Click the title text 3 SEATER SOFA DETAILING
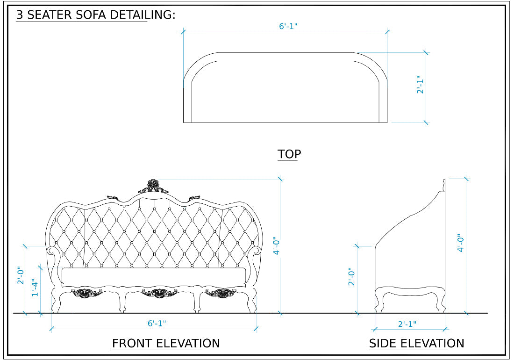point(96,14)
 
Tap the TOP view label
point(289,154)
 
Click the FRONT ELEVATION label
point(166,344)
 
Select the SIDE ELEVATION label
point(416,344)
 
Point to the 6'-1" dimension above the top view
point(288,26)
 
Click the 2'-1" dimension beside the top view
point(420,85)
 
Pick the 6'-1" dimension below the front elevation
point(157,323)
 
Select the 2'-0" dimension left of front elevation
point(21,275)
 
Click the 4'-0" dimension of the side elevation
point(461,243)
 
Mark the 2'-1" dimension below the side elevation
point(407,324)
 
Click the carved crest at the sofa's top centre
point(153,186)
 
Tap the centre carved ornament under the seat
point(160,293)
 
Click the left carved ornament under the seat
point(87,293)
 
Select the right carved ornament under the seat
point(221,293)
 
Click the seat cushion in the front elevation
point(154,276)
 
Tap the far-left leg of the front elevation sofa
point(56,304)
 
